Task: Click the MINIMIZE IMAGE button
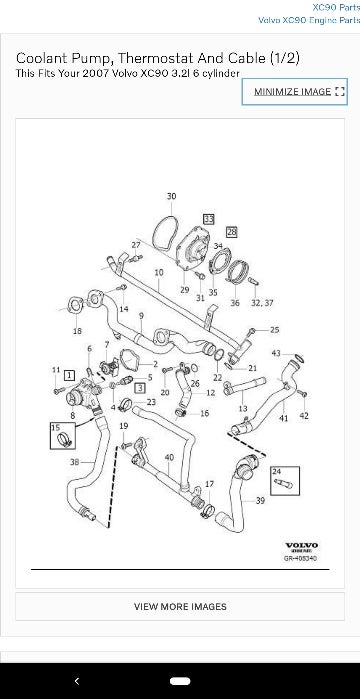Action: click(298, 91)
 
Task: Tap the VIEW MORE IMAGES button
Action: click(180, 606)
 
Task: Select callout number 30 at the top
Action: click(171, 196)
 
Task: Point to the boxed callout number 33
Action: click(208, 217)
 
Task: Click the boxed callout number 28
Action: click(232, 231)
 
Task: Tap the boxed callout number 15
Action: click(55, 427)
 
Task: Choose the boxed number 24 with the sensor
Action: click(276, 471)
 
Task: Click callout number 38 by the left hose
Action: click(75, 462)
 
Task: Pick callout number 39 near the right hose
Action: click(260, 500)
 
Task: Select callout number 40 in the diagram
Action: click(169, 458)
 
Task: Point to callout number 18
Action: click(77, 330)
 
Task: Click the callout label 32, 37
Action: click(262, 302)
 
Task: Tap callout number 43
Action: click(276, 353)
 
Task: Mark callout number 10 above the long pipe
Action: click(159, 272)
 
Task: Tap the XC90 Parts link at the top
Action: click(335, 7)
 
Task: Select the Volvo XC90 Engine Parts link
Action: click(308, 20)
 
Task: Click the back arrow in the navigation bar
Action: click(77, 680)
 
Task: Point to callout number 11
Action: click(57, 370)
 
